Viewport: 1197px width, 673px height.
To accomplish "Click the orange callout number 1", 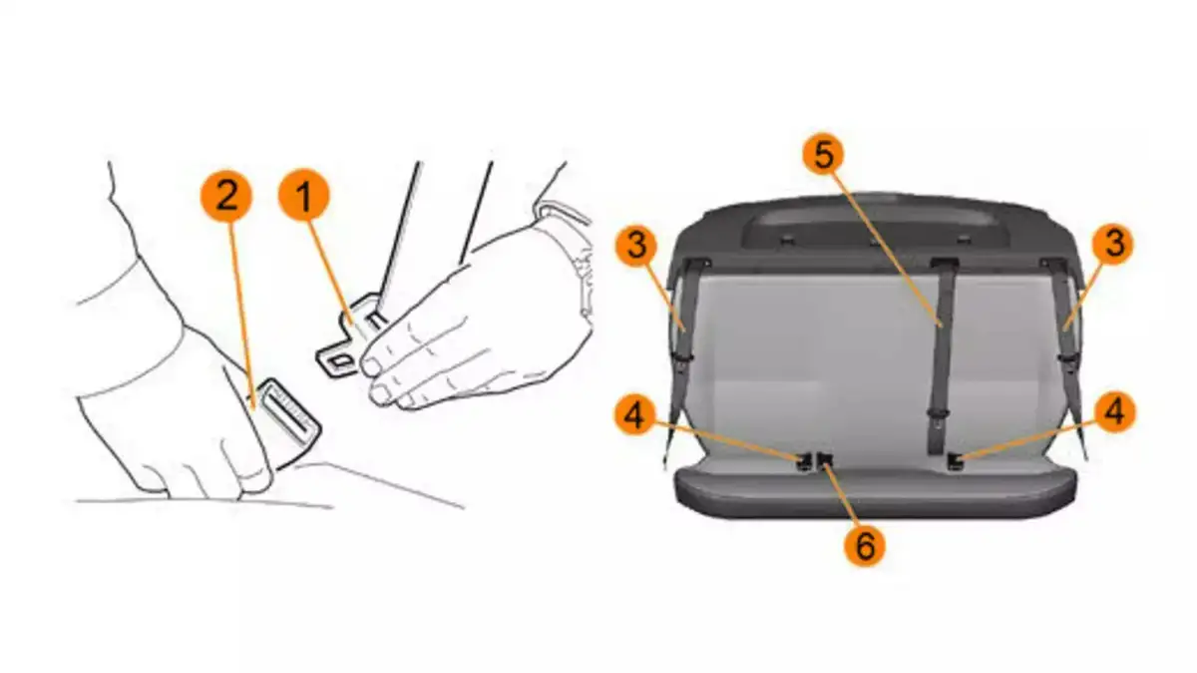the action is click(x=304, y=195).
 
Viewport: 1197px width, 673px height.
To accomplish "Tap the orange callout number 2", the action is click(x=226, y=197).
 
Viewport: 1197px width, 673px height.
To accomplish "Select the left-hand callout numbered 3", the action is click(x=636, y=246).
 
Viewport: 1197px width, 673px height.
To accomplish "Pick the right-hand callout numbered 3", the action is click(x=1113, y=244).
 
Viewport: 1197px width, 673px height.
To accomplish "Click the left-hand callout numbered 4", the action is click(x=634, y=415).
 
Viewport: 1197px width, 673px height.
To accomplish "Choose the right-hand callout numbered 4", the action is click(x=1115, y=412).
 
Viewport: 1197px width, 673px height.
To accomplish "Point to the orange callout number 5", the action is click(x=824, y=155).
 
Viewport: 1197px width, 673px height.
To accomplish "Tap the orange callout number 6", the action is click(x=865, y=546).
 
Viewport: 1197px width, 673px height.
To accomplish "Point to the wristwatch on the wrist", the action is click(x=572, y=257).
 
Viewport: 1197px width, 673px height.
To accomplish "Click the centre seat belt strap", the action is click(x=941, y=353).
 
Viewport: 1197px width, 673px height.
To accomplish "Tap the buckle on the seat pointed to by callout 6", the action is click(x=825, y=460).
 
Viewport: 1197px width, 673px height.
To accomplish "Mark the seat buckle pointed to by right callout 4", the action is click(x=955, y=461).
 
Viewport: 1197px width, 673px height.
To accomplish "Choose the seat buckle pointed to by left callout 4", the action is click(x=804, y=461).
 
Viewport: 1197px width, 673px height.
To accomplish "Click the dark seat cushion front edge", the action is click(x=877, y=495).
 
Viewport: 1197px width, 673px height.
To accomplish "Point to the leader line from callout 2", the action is click(x=241, y=317).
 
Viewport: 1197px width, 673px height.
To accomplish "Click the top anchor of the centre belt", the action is click(x=944, y=263).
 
